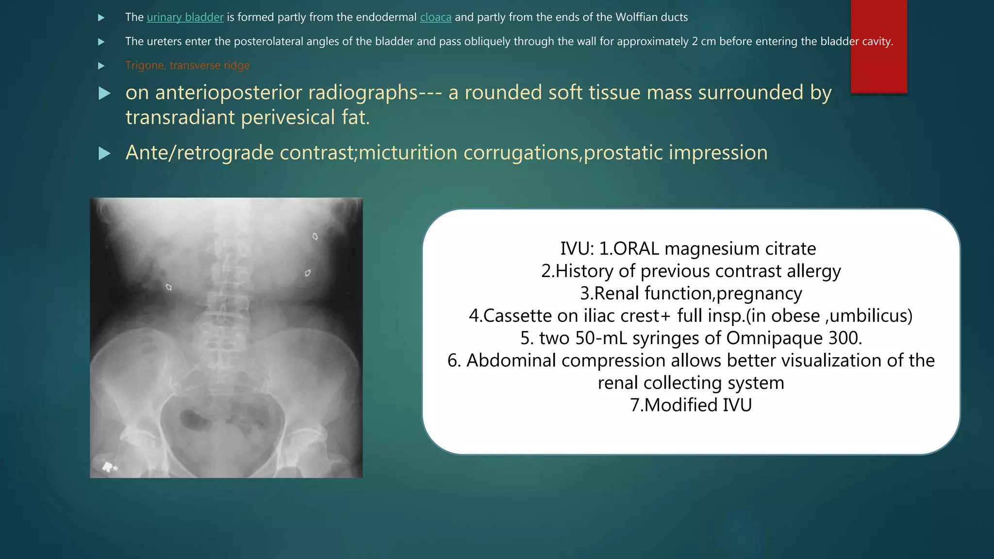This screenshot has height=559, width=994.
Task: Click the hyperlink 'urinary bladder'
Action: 185,17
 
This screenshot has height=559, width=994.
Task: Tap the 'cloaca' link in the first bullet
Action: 435,17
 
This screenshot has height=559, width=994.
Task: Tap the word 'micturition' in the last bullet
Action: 408,153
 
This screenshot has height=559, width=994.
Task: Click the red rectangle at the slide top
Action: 878,46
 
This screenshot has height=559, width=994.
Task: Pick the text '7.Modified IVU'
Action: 691,405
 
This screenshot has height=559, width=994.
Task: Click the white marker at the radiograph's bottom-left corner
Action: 109,467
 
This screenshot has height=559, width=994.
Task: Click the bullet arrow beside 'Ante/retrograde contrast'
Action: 104,154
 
